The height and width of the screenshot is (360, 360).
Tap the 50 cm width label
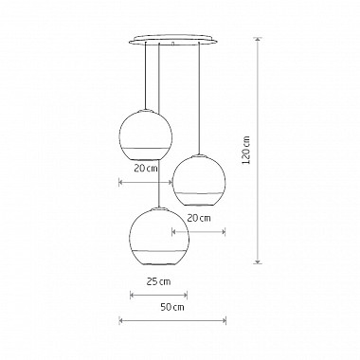pyautogui.click(x=171, y=307)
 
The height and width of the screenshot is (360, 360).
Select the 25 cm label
pyautogui.click(x=158, y=281)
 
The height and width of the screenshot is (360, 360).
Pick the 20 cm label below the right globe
pyautogui.click(x=199, y=217)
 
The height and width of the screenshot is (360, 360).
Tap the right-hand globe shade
pyautogui.click(x=199, y=179)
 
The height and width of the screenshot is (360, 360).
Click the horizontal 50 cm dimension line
pyautogui.click(x=171, y=321)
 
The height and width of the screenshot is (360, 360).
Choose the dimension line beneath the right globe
pyautogui.click(x=198, y=229)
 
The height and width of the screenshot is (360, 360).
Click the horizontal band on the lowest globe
pyautogui.click(x=158, y=251)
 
